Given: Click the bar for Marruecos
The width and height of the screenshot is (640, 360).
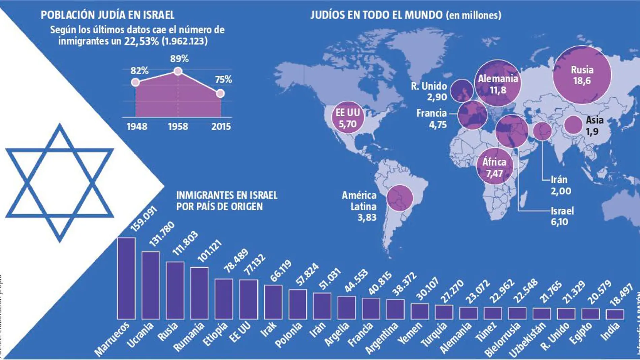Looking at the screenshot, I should tap(126, 278).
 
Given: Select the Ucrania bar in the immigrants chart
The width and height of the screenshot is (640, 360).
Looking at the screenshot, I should tap(151, 285).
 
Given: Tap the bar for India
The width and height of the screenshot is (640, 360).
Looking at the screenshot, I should tap(615, 314).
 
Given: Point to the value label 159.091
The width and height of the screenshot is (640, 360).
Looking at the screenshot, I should tap(144, 219).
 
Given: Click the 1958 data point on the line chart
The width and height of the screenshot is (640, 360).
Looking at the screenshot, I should tap(178, 71).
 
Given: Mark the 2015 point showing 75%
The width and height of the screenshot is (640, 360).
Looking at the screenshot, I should tap(220, 93).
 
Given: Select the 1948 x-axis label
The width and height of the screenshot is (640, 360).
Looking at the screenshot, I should tap(137, 127).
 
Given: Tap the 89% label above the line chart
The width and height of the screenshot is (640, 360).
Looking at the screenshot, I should tap(179, 59).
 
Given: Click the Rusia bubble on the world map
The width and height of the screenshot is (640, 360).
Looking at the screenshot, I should tap(582, 75).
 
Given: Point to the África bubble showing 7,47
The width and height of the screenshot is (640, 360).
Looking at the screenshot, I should tap(494, 167).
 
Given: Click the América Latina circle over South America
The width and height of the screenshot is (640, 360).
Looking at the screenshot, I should tap(400, 198).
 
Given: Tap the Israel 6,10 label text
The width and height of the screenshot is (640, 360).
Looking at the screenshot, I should tap(562, 216).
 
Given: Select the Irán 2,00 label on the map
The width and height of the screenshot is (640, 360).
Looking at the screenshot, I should tap(561, 185).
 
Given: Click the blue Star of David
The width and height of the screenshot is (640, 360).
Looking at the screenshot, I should tap(60, 183).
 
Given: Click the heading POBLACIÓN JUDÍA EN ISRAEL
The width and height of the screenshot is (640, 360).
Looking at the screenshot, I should tap(107, 15).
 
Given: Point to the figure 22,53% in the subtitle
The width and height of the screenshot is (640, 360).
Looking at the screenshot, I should tap(141, 41).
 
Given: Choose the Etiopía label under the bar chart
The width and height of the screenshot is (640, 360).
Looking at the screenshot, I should tap(215, 334).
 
